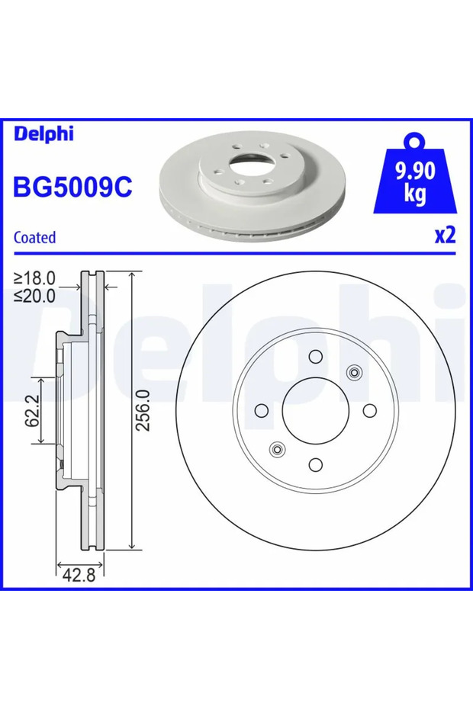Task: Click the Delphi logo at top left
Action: pos(43,134)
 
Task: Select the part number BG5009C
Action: pos(73,187)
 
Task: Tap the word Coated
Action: pos(35,237)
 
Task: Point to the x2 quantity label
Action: pos(445,235)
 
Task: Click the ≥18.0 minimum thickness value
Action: pos(34,278)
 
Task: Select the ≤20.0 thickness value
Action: pos(34,296)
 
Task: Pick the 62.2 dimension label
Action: pos(33,411)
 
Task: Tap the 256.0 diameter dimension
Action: pos(143,410)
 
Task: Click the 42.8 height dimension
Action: pos(79,575)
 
